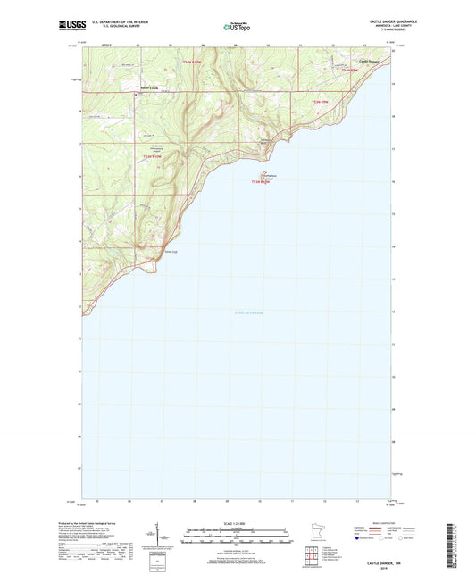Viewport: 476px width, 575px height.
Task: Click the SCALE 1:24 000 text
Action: tap(237, 525)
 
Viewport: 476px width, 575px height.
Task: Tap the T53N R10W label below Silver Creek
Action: tap(153, 158)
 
